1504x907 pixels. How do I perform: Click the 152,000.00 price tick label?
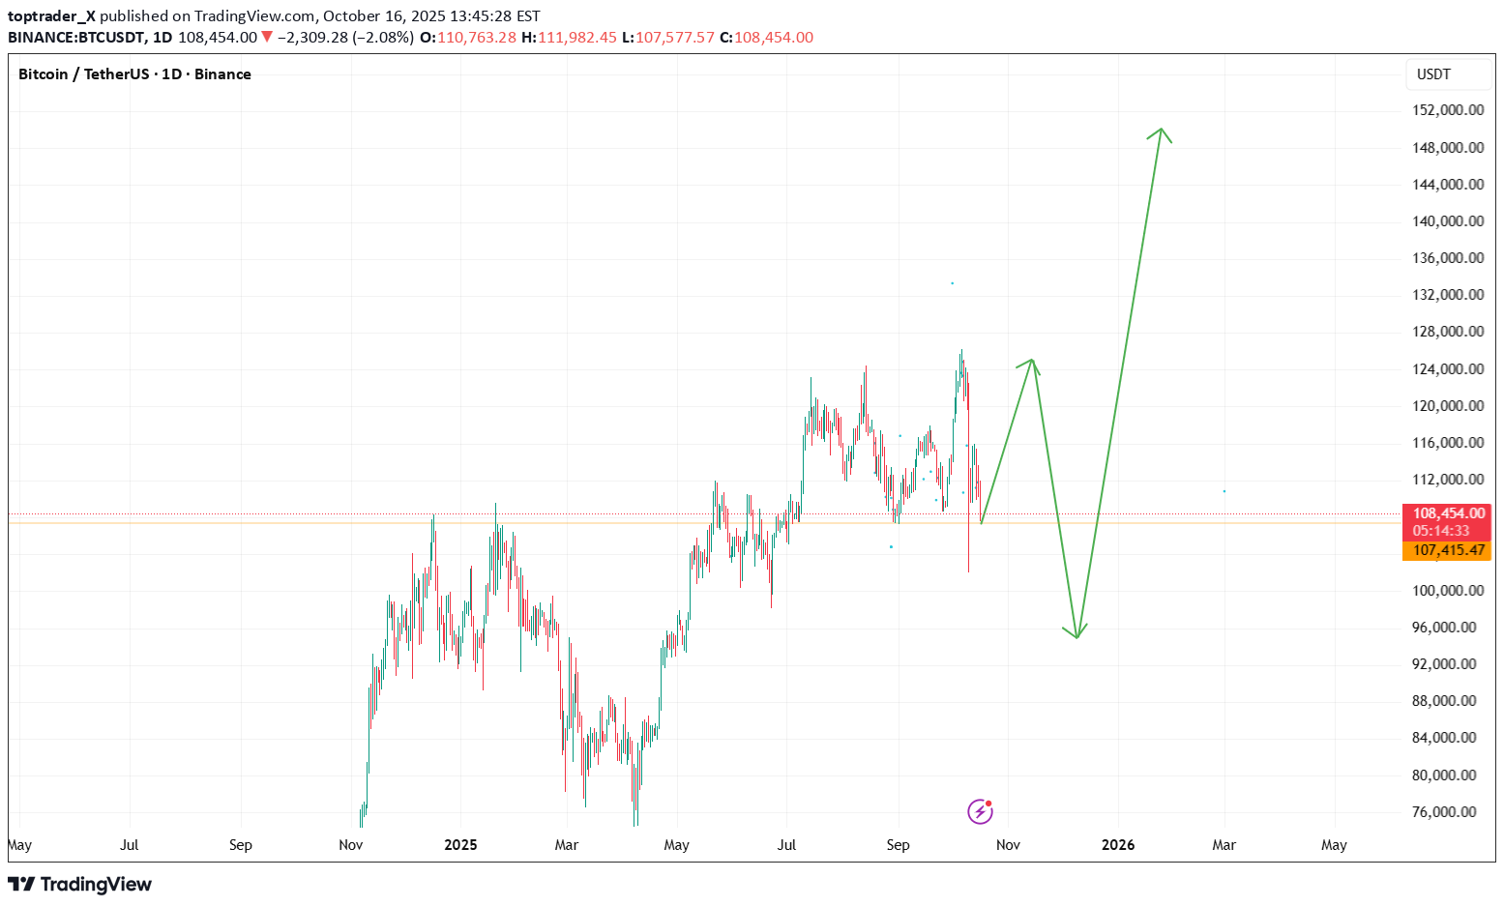pyautogui.click(x=1447, y=110)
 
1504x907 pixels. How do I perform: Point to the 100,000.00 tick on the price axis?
pyautogui.click(x=1447, y=591)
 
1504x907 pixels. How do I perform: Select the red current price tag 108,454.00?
pyautogui.click(x=1448, y=513)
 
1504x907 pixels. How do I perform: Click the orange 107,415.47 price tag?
pyautogui.click(x=1448, y=550)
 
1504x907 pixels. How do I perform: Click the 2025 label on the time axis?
pyautogui.click(x=460, y=845)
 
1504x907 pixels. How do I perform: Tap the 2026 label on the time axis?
pyautogui.click(x=1118, y=845)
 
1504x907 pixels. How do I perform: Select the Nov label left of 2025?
pyautogui.click(x=351, y=845)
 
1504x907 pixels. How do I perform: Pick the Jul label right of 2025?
pyautogui.click(x=786, y=845)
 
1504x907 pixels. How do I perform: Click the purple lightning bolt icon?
pyautogui.click(x=980, y=811)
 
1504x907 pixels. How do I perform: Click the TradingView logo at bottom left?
pyautogui.click(x=80, y=885)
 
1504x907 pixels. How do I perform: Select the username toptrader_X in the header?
pyautogui.click(x=51, y=16)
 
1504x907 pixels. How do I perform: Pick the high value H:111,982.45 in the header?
pyautogui.click(x=569, y=38)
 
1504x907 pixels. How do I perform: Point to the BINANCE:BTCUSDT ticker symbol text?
pyautogui.click(x=76, y=38)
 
